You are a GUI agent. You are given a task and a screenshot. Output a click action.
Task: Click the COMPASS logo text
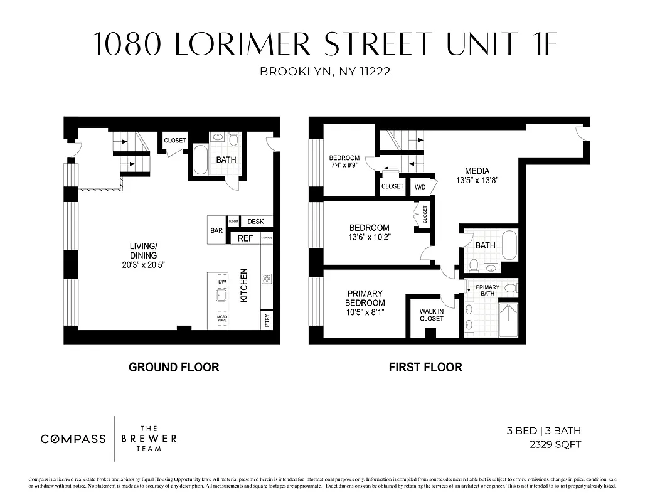click(x=73, y=439)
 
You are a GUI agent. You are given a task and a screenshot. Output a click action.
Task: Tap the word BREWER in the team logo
click(x=149, y=438)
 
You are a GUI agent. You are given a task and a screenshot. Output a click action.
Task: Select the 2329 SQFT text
click(x=555, y=445)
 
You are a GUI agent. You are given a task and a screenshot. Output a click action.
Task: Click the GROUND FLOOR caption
click(x=174, y=367)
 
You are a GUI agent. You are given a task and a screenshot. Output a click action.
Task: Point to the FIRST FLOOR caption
click(x=425, y=367)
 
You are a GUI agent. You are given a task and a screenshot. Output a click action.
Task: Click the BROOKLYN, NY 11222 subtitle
click(x=325, y=72)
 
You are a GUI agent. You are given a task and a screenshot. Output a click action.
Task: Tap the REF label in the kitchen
click(x=245, y=238)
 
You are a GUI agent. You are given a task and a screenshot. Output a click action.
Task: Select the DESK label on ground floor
click(x=255, y=222)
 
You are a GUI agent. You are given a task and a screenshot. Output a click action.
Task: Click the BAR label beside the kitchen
click(x=216, y=231)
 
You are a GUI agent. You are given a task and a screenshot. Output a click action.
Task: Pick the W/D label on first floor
click(x=419, y=187)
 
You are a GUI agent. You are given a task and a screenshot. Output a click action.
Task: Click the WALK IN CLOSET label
click(x=431, y=314)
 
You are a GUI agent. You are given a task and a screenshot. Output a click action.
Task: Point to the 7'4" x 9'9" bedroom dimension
click(x=344, y=166)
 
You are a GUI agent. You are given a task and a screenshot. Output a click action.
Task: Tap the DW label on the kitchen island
click(x=221, y=282)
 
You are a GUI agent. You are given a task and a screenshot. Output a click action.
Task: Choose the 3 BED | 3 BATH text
click(x=543, y=431)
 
